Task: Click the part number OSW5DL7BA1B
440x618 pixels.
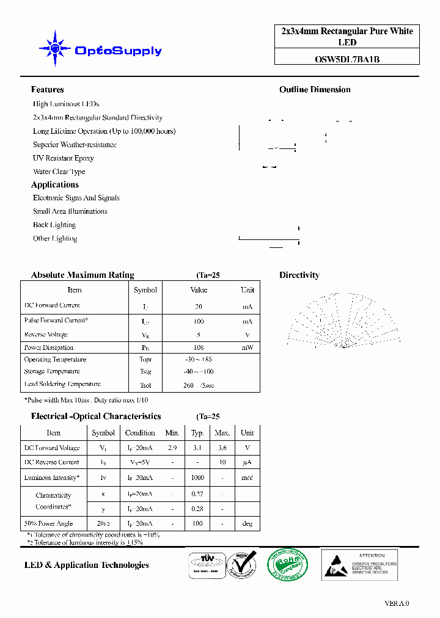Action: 346,59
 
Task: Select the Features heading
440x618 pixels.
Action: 47,90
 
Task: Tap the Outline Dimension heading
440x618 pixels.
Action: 315,90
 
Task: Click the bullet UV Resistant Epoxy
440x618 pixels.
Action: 63,158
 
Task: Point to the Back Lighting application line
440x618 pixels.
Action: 54,225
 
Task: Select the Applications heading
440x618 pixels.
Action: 55,184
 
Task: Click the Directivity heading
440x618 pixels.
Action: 299,275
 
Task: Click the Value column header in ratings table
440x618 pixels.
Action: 199,290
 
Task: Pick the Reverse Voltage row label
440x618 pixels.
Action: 46,335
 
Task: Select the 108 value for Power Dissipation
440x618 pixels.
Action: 199,347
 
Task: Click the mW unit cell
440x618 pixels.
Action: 247,347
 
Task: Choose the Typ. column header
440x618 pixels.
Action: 197,433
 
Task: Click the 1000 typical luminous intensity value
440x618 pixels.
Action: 197,478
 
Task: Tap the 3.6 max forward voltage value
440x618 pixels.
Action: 222,448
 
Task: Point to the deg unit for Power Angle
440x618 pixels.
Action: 247,524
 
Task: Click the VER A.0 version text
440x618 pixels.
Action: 397,603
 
